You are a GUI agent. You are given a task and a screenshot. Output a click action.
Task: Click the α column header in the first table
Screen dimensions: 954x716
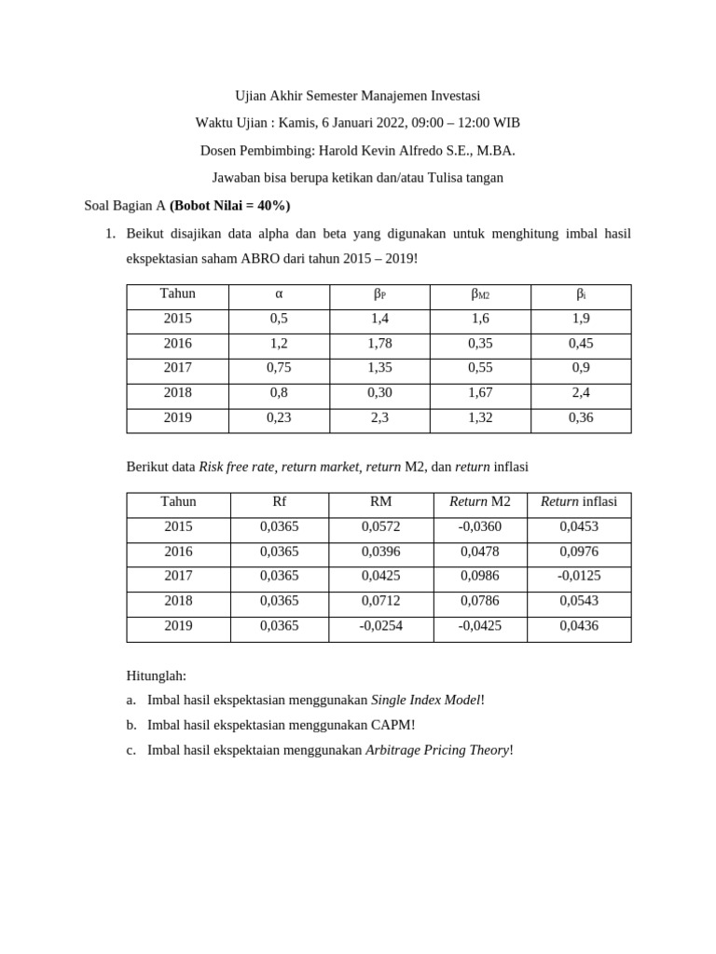[279, 293]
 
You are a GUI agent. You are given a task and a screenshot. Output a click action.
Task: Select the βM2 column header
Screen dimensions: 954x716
[480, 294]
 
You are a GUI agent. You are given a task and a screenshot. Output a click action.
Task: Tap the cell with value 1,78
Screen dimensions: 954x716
[379, 343]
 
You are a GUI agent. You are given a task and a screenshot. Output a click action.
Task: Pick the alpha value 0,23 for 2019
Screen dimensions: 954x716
[279, 417]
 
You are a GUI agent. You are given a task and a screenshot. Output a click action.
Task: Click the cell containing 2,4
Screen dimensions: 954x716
[581, 392]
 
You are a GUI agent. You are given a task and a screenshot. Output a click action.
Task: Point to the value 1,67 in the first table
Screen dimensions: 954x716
[480, 392]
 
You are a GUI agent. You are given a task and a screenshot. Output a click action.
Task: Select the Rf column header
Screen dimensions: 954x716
[279, 501]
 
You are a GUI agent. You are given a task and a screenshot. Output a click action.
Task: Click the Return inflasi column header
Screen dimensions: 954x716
[579, 501]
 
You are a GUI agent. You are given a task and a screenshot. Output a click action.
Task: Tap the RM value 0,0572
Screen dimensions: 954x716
[380, 526]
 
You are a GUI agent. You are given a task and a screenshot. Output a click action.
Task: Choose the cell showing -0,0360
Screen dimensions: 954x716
[480, 526]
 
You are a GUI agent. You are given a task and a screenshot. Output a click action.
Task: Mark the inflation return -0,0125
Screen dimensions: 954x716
[579, 576]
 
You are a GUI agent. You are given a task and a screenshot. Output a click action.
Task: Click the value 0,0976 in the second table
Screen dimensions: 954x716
[579, 551]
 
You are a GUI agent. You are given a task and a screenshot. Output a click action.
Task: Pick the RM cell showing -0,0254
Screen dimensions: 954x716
[380, 625]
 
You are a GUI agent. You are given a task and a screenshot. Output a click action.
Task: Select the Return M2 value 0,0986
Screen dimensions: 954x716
[480, 576]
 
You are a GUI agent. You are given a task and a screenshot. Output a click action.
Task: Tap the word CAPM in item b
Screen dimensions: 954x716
[392, 724]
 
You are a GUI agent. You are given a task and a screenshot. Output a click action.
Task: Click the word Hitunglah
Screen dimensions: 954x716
[156, 675]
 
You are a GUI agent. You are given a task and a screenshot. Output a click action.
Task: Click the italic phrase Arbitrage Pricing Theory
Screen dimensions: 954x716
[437, 749]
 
